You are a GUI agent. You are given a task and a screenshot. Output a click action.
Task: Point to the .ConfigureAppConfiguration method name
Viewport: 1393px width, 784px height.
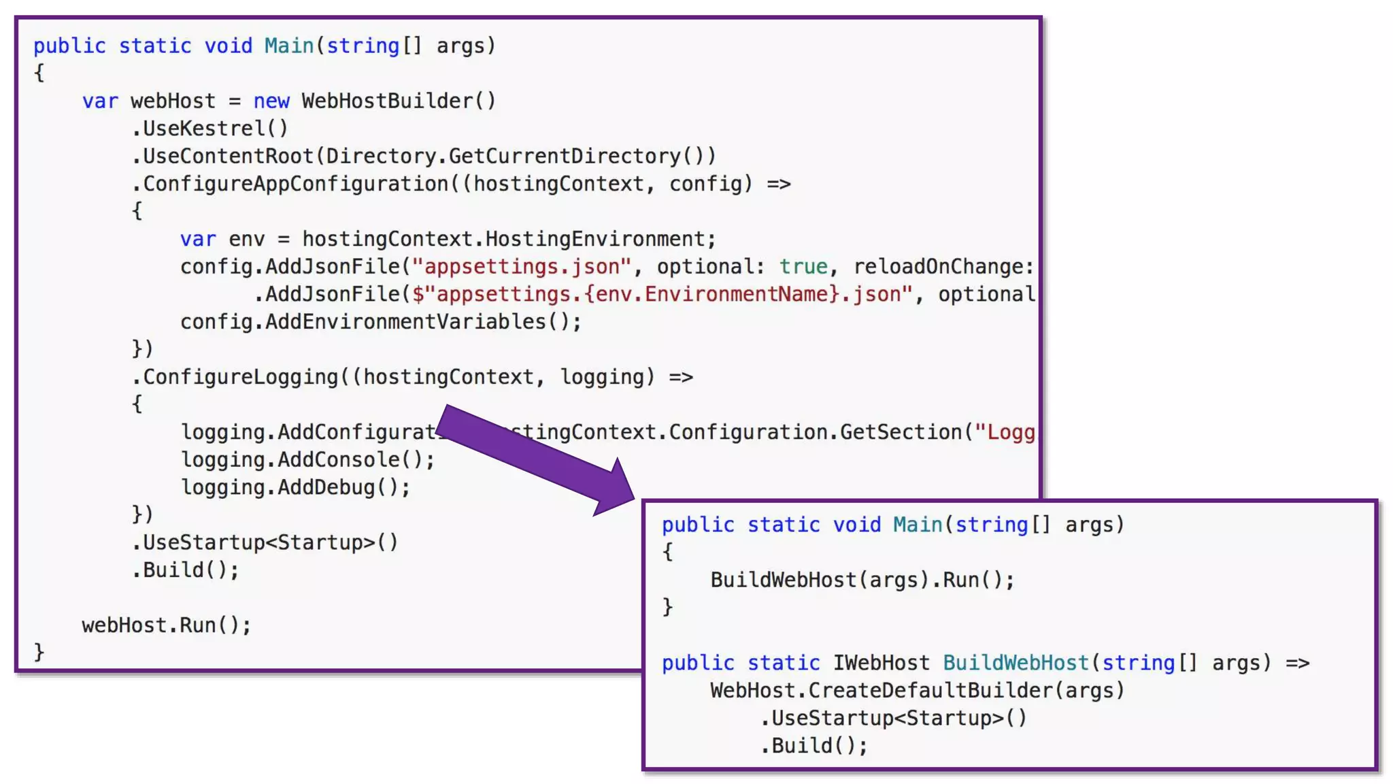(295, 184)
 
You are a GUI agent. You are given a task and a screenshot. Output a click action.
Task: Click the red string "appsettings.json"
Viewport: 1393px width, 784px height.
(521, 267)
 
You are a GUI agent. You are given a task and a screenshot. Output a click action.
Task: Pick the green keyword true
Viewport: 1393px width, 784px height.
(803, 267)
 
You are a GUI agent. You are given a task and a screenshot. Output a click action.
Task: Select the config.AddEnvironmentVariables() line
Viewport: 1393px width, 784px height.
(381, 322)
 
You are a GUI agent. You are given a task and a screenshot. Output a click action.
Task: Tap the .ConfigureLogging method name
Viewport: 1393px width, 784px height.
(241, 377)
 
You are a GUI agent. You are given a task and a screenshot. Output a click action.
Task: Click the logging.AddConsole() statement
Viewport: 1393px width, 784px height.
(307, 460)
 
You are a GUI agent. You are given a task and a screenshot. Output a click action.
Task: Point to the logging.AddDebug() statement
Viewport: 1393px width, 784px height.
(295, 488)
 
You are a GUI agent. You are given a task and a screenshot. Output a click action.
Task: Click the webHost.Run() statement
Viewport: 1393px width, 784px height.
(167, 625)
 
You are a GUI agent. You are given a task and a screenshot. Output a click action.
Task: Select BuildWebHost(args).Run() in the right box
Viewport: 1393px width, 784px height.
(862, 581)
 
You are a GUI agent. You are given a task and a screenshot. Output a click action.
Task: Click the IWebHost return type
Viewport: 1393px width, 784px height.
(881, 663)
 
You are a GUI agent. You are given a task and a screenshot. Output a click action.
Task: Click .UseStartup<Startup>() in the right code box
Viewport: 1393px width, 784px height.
(893, 719)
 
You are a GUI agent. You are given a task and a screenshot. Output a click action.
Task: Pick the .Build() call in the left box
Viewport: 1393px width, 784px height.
(185, 570)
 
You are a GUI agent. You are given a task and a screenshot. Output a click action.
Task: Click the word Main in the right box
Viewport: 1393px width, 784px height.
(917, 525)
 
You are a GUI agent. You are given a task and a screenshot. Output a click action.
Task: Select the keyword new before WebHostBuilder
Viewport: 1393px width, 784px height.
(271, 101)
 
